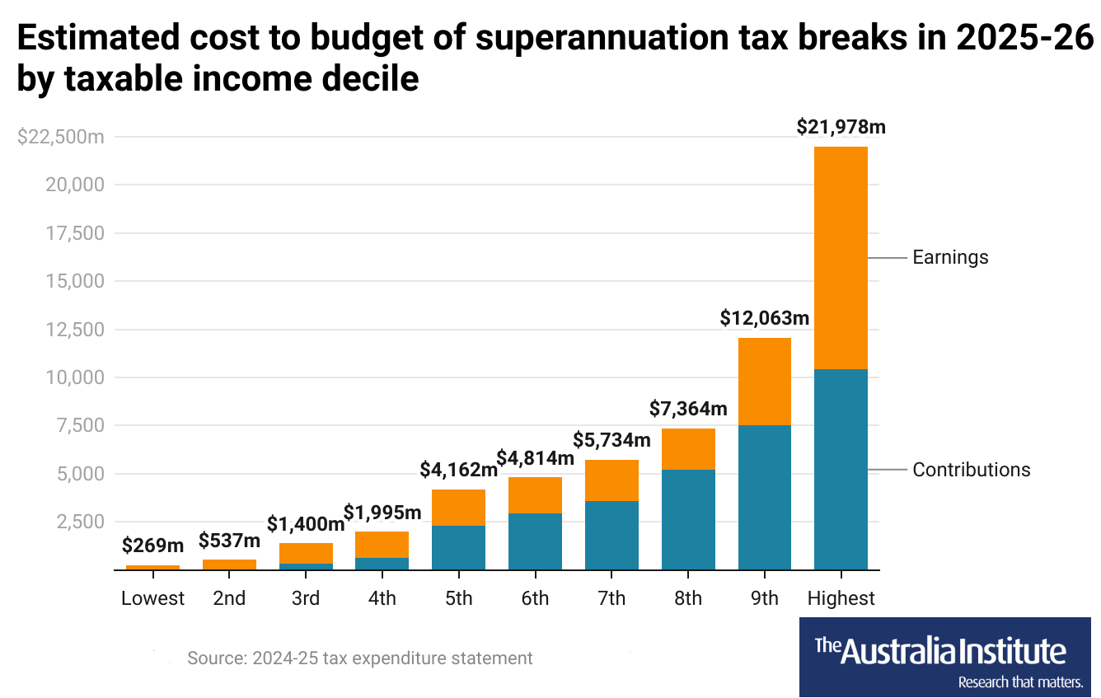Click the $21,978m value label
(x=841, y=127)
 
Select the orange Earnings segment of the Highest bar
(x=841, y=257)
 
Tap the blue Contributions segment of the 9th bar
(x=764, y=497)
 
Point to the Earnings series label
(x=950, y=257)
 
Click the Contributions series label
(x=971, y=470)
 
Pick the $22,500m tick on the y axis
(x=60, y=137)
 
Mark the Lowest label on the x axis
(x=152, y=598)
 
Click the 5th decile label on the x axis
(x=458, y=598)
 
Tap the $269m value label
(x=152, y=545)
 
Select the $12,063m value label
(x=764, y=318)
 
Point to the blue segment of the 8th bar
(x=688, y=519)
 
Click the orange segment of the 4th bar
(x=382, y=545)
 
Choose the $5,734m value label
(x=611, y=440)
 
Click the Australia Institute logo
(x=944, y=657)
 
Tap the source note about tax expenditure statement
(x=359, y=658)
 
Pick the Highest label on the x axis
(x=841, y=598)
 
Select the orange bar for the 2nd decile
(x=229, y=564)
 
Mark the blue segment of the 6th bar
(x=535, y=541)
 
